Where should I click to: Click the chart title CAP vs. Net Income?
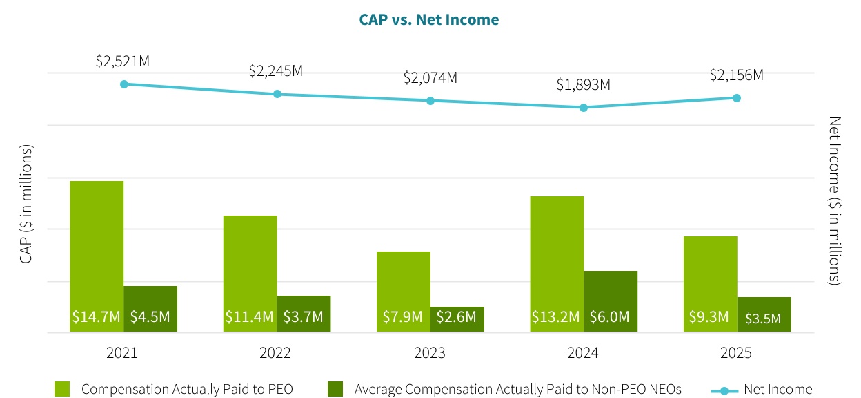point(428,20)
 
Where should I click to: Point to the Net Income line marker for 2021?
point(124,84)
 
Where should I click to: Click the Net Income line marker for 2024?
point(584,108)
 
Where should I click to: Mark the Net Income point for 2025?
point(737,98)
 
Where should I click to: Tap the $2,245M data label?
point(276,71)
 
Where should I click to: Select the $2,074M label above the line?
point(430,78)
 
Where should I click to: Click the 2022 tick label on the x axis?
point(275,353)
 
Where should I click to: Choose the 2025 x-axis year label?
point(735,353)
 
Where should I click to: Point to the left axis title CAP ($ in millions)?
point(26,204)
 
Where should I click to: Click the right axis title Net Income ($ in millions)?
point(835,200)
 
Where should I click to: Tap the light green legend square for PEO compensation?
point(62,389)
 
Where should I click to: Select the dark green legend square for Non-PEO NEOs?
point(335,389)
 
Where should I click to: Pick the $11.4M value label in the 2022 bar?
point(249,317)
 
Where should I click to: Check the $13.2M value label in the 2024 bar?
point(555,317)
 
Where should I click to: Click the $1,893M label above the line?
point(584,86)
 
